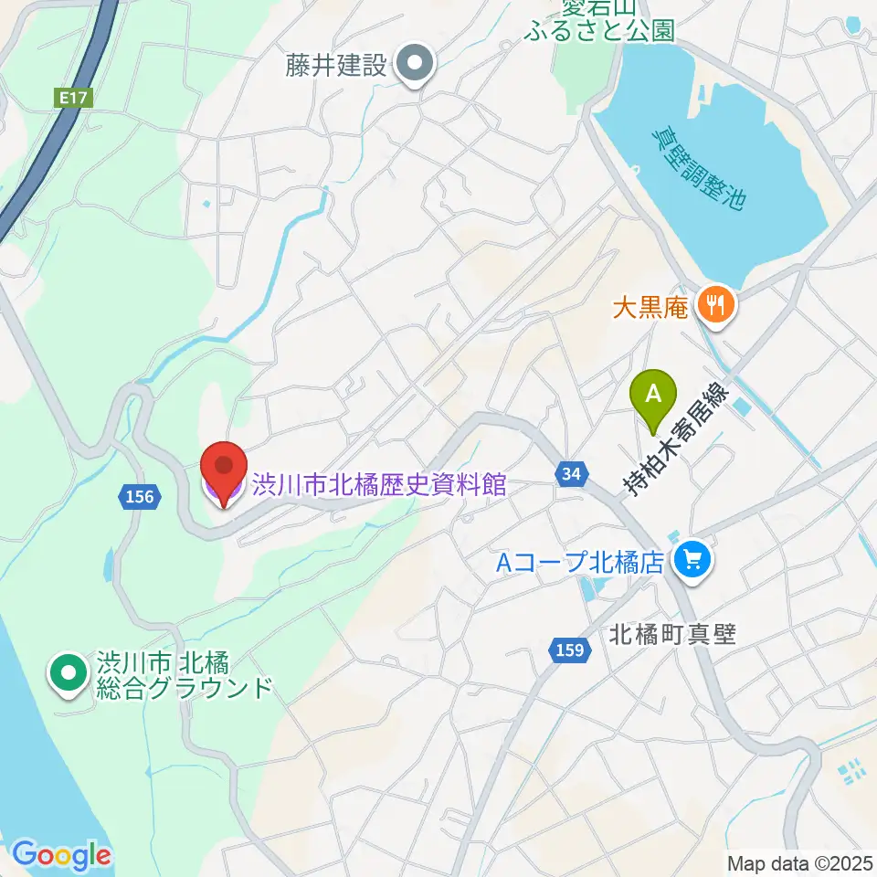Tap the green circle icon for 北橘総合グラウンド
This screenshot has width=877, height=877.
tap(69, 673)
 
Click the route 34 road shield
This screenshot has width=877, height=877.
tap(571, 474)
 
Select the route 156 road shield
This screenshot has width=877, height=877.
tap(142, 497)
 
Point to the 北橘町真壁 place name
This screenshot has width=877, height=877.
tap(672, 634)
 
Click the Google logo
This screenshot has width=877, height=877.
tap(61, 855)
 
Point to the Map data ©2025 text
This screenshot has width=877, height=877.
tap(801, 862)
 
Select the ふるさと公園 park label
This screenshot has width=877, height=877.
tap(600, 30)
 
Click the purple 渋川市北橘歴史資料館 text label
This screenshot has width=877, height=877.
tap(379, 485)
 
